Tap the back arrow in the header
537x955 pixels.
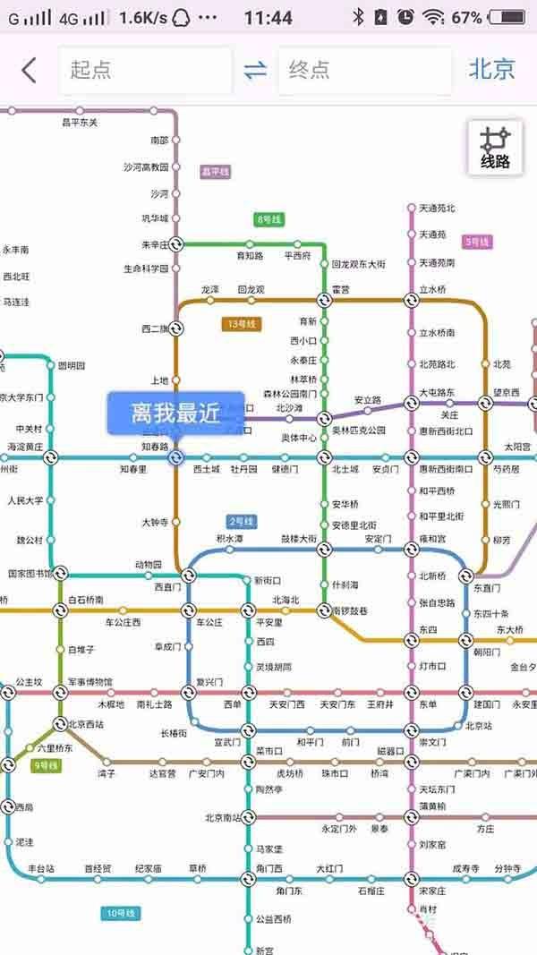tap(29, 70)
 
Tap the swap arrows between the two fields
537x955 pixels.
tap(256, 70)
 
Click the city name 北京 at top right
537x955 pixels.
tap(491, 70)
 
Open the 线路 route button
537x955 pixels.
tap(495, 149)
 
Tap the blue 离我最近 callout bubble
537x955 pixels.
tap(175, 414)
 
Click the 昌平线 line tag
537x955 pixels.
tap(215, 171)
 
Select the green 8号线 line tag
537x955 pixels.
tap(268, 219)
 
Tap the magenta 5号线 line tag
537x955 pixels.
tap(477, 242)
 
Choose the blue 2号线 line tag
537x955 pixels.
tap(242, 521)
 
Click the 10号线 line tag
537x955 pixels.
tap(118, 913)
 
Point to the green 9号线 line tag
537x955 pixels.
tap(46, 765)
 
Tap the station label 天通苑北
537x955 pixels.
tap(437, 209)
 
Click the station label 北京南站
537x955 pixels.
tap(222, 817)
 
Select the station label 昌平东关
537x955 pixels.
tap(80, 122)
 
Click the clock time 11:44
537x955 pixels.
tap(268, 17)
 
